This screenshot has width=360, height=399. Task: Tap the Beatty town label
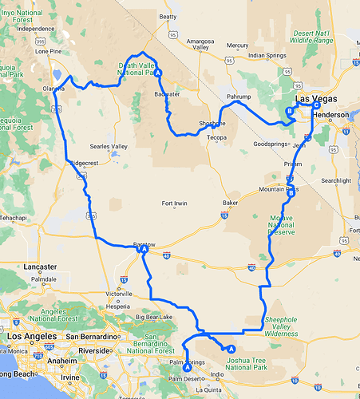click(168, 16)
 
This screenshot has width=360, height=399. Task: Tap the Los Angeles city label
click(30, 337)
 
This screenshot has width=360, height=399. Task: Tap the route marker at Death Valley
click(158, 73)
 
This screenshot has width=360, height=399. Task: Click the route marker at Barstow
click(144, 250)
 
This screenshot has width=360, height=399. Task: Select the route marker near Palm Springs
click(187, 367)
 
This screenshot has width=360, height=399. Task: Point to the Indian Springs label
click(267, 55)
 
